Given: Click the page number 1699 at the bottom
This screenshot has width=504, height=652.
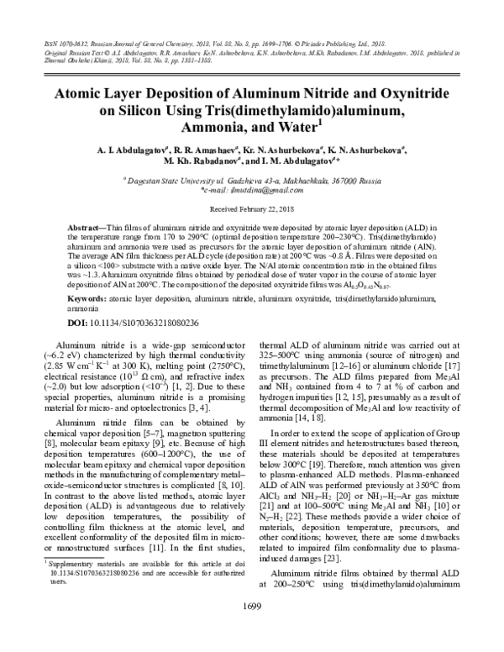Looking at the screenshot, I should pos(252,629).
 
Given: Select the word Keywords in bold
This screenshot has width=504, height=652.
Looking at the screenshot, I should pos(87,297).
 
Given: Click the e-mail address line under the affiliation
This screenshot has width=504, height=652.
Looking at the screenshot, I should pos(252,190).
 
